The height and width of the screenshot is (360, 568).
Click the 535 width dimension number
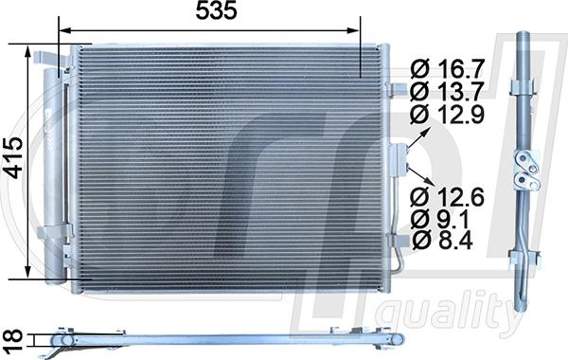tap(216, 10)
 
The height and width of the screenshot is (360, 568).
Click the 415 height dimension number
tap(15, 157)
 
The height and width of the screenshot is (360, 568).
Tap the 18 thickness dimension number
tap(14, 340)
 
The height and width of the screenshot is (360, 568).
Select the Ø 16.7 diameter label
tap(448, 69)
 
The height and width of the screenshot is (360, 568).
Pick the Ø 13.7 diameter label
tap(448, 91)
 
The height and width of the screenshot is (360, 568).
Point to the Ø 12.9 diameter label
tap(448, 115)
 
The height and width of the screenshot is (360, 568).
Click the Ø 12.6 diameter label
tap(448, 197)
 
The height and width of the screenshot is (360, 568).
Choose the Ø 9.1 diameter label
tap(440, 219)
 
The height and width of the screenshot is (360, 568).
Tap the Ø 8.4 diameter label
tap(442, 240)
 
